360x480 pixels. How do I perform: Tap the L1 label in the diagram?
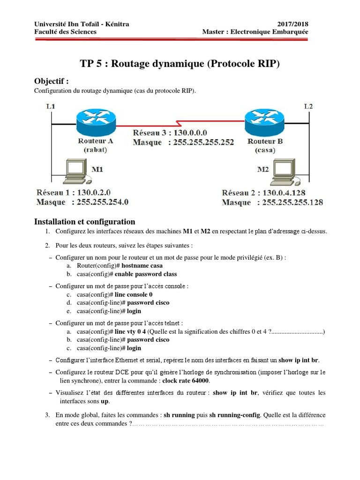(50, 106)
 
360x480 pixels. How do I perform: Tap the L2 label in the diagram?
(308, 106)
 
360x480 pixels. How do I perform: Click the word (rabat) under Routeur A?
(96, 150)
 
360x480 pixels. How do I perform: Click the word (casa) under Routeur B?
(265, 150)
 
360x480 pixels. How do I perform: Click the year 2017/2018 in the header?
(292, 24)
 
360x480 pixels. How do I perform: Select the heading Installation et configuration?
(85, 222)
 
